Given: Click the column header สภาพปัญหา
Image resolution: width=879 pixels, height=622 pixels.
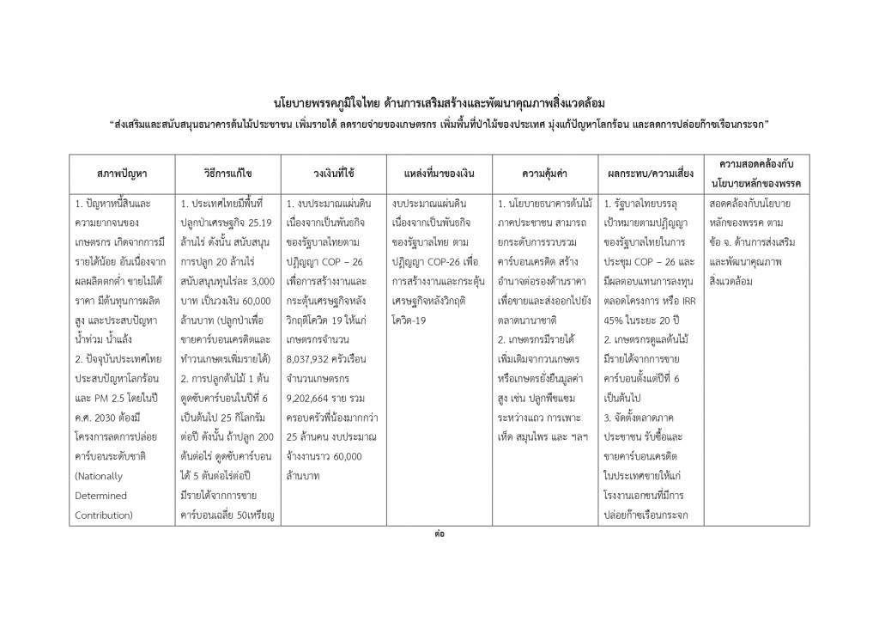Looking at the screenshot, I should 122,174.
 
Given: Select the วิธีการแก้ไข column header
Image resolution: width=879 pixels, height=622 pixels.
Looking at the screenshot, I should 227,174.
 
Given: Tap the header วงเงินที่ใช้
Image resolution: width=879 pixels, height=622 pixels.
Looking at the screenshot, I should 334,174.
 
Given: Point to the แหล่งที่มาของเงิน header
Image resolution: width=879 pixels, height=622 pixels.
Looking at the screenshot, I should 439,174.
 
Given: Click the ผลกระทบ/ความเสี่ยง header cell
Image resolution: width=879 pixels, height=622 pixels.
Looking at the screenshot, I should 650,174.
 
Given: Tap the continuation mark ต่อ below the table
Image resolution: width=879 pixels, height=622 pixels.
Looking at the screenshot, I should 439,534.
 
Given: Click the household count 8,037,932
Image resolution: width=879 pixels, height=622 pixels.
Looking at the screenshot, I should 314,378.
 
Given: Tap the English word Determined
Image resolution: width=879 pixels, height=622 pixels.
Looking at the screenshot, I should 100,496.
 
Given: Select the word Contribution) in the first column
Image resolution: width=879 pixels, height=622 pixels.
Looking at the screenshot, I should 104,515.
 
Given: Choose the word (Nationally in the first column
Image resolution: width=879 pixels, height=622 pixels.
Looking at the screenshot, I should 99,476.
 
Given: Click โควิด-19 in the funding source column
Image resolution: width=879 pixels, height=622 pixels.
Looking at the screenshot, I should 410,319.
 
